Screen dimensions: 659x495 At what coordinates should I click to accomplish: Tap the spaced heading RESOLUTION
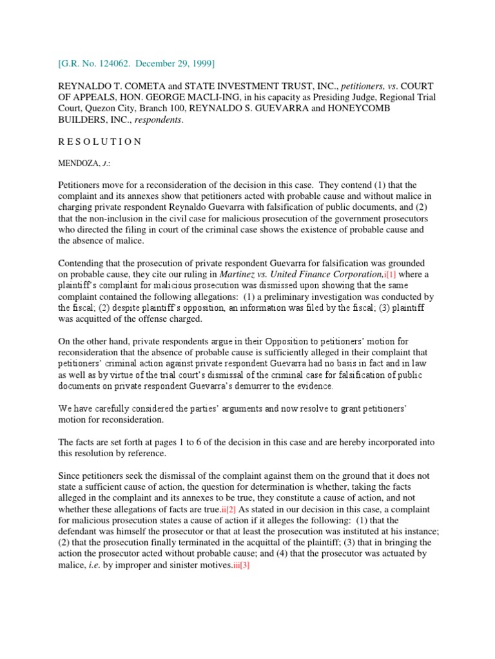tap(100, 142)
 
